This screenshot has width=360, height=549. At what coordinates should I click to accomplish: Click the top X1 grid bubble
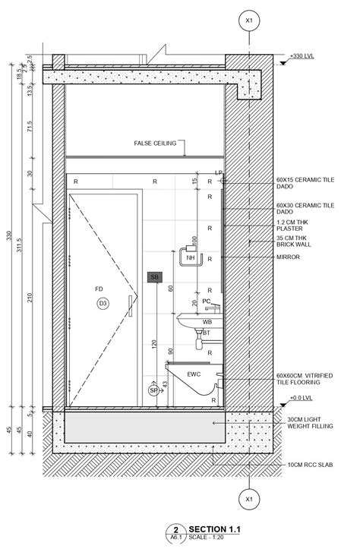[248, 21]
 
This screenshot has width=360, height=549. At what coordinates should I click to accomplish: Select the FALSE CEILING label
[155, 144]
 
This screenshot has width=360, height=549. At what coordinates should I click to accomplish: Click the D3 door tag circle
[103, 304]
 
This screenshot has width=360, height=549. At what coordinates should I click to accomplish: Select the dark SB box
[154, 277]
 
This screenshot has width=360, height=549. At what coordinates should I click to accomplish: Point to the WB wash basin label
[207, 322]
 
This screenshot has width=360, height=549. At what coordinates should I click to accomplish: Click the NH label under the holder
[191, 259]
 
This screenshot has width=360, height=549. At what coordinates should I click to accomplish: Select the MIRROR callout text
[289, 257]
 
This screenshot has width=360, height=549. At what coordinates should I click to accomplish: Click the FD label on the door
[99, 289]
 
